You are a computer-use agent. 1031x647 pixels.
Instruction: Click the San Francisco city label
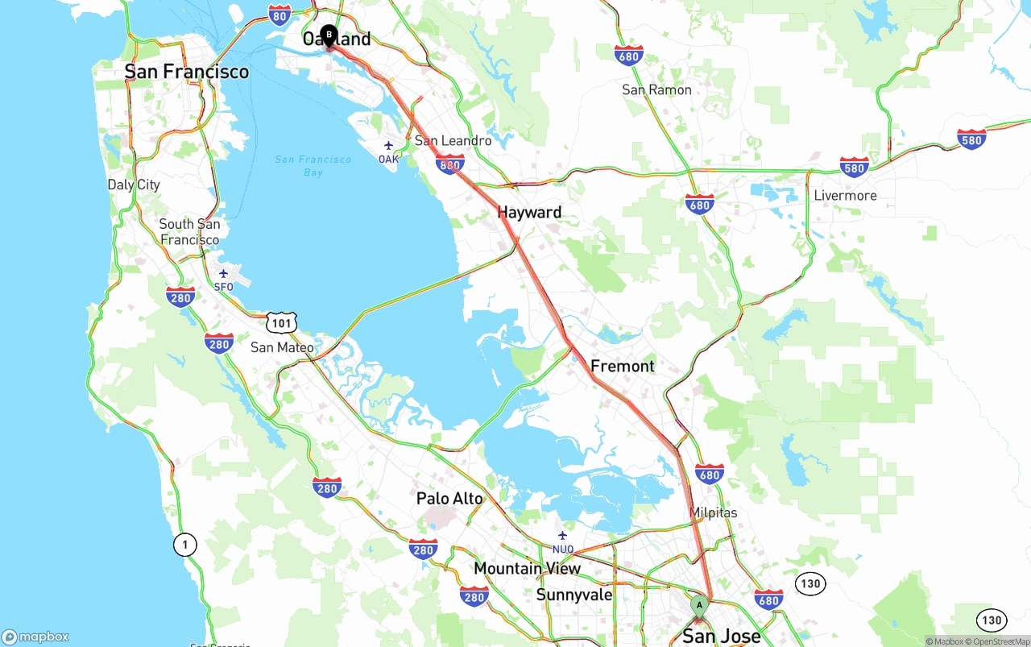pyautogui.click(x=187, y=72)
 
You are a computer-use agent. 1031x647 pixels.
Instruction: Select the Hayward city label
pyautogui.click(x=529, y=213)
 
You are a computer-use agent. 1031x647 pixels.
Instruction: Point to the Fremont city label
pyautogui.click(x=623, y=366)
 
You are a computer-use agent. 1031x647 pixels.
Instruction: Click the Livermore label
pyautogui.click(x=845, y=196)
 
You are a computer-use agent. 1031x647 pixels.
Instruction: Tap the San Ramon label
pyautogui.click(x=656, y=89)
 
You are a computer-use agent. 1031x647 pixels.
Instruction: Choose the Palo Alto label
pyautogui.click(x=449, y=499)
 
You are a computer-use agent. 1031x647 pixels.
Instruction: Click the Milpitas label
pyautogui.click(x=713, y=512)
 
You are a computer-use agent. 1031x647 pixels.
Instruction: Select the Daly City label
pyautogui.click(x=134, y=185)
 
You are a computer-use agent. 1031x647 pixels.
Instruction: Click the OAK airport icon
pyautogui.click(x=388, y=146)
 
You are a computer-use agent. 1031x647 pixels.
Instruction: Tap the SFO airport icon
pyautogui.click(x=223, y=274)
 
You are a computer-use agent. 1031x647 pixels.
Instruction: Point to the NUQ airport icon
pyautogui.click(x=562, y=536)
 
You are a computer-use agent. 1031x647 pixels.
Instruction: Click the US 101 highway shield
pyautogui.click(x=282, y=323)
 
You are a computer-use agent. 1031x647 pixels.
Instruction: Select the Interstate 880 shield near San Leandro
pyautogui.click(x=449, y=165)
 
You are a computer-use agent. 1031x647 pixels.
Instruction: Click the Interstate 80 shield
pyautogui.click(x=279, y=14)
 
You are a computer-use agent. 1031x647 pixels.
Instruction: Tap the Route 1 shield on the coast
pyautogui.click(x=185, y=545)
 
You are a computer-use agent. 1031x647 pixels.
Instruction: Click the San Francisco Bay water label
pyautogui.click(x=313, y=166)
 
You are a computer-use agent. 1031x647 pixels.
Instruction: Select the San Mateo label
pyautogui.click(x=282, y=347)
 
